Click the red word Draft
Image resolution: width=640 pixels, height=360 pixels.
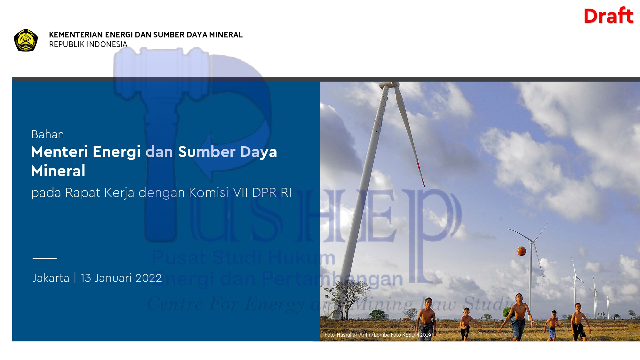click(608, 16)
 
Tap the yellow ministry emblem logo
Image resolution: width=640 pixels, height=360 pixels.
click(26, 40)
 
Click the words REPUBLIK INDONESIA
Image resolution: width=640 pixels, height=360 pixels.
click(88, 44)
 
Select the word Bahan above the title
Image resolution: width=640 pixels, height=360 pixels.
click(48, 134)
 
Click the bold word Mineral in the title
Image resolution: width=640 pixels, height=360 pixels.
click(58, 170)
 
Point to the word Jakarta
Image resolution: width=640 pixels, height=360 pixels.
click(51, 278)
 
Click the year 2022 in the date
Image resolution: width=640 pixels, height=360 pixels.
click(148, 278)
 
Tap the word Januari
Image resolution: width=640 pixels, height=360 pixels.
click(114, 278)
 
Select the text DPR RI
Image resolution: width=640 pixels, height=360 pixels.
click(272, 193)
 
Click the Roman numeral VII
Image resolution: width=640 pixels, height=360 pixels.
click(240, 193)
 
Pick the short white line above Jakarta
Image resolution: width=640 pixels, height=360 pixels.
click(44, 258)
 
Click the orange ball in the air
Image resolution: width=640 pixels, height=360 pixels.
click(522, 251)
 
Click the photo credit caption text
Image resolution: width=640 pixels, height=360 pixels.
click(378, 335)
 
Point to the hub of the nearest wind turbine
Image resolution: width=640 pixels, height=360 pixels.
click(389, 85)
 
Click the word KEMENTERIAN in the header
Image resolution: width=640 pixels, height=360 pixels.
click(76, 35)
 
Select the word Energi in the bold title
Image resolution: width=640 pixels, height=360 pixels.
click(116, 152)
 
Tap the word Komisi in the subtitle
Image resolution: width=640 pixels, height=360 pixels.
click(209, 193)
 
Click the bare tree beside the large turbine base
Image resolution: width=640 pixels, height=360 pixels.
click(347, 299)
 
